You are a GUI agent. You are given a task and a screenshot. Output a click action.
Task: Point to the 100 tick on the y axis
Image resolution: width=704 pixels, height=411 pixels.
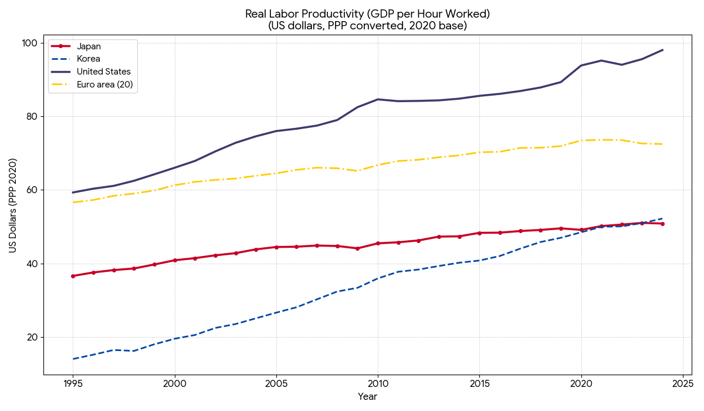coord(31,43)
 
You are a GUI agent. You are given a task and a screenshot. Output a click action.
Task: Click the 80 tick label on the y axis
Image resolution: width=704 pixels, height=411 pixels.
coord(33,116)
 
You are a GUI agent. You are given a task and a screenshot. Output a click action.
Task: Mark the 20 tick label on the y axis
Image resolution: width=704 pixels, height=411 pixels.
coord(33,337)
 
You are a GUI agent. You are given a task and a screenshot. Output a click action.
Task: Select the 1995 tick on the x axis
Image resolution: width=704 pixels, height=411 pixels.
coord(73,383)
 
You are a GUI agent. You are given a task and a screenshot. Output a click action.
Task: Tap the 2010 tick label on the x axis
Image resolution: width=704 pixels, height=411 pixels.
coord(378,383)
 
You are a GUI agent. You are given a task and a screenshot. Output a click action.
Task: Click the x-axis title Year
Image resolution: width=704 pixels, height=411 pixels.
coord(368,397)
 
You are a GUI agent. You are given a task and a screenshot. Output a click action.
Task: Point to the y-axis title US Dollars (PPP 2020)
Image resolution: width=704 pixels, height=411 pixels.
coord(13,206)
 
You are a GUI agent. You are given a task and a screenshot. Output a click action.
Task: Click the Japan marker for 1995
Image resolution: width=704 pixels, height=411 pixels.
coord(73,276)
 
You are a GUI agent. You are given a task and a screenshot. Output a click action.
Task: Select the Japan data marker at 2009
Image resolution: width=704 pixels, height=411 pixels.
coord(357,248)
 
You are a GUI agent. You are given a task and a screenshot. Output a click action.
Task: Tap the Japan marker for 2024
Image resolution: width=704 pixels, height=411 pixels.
coord(662,224)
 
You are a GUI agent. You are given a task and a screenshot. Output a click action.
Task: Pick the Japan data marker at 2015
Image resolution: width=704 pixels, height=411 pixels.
coord(479,233)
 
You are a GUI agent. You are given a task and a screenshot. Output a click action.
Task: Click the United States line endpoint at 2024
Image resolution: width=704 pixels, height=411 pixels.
coord(662,50)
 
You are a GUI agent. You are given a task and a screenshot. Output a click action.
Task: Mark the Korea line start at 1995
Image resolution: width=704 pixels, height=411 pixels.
coord(73,359)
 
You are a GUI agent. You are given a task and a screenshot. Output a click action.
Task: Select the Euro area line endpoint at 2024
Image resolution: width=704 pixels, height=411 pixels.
coord(662,144)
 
